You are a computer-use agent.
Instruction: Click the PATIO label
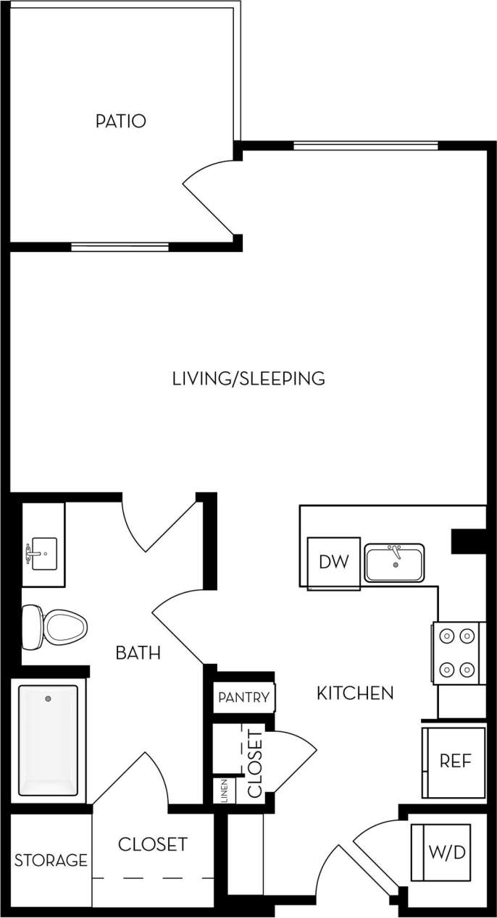click(120, 121)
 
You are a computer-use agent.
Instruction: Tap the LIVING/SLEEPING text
click(248, 378)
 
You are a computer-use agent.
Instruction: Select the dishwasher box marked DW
click(334, 562)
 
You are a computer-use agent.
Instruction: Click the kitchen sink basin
click(394, 563)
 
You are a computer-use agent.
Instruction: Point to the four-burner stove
click(456, 653)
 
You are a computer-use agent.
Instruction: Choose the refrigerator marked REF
click(455, 762)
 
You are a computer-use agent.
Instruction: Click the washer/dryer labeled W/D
click(448, 852)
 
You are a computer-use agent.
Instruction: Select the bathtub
click(48, 740)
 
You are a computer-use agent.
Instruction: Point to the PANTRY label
click(244, 698)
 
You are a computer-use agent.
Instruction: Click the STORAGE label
click(51, 861)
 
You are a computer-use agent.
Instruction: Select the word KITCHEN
click(355, 693)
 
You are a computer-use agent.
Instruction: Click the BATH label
click(138, 653)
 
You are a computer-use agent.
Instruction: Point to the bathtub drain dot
click(48, 699)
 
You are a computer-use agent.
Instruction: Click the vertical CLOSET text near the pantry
click(255, 764)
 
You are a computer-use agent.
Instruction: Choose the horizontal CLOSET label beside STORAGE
click(152, 844)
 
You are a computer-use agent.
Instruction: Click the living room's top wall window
click(365, 146)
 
